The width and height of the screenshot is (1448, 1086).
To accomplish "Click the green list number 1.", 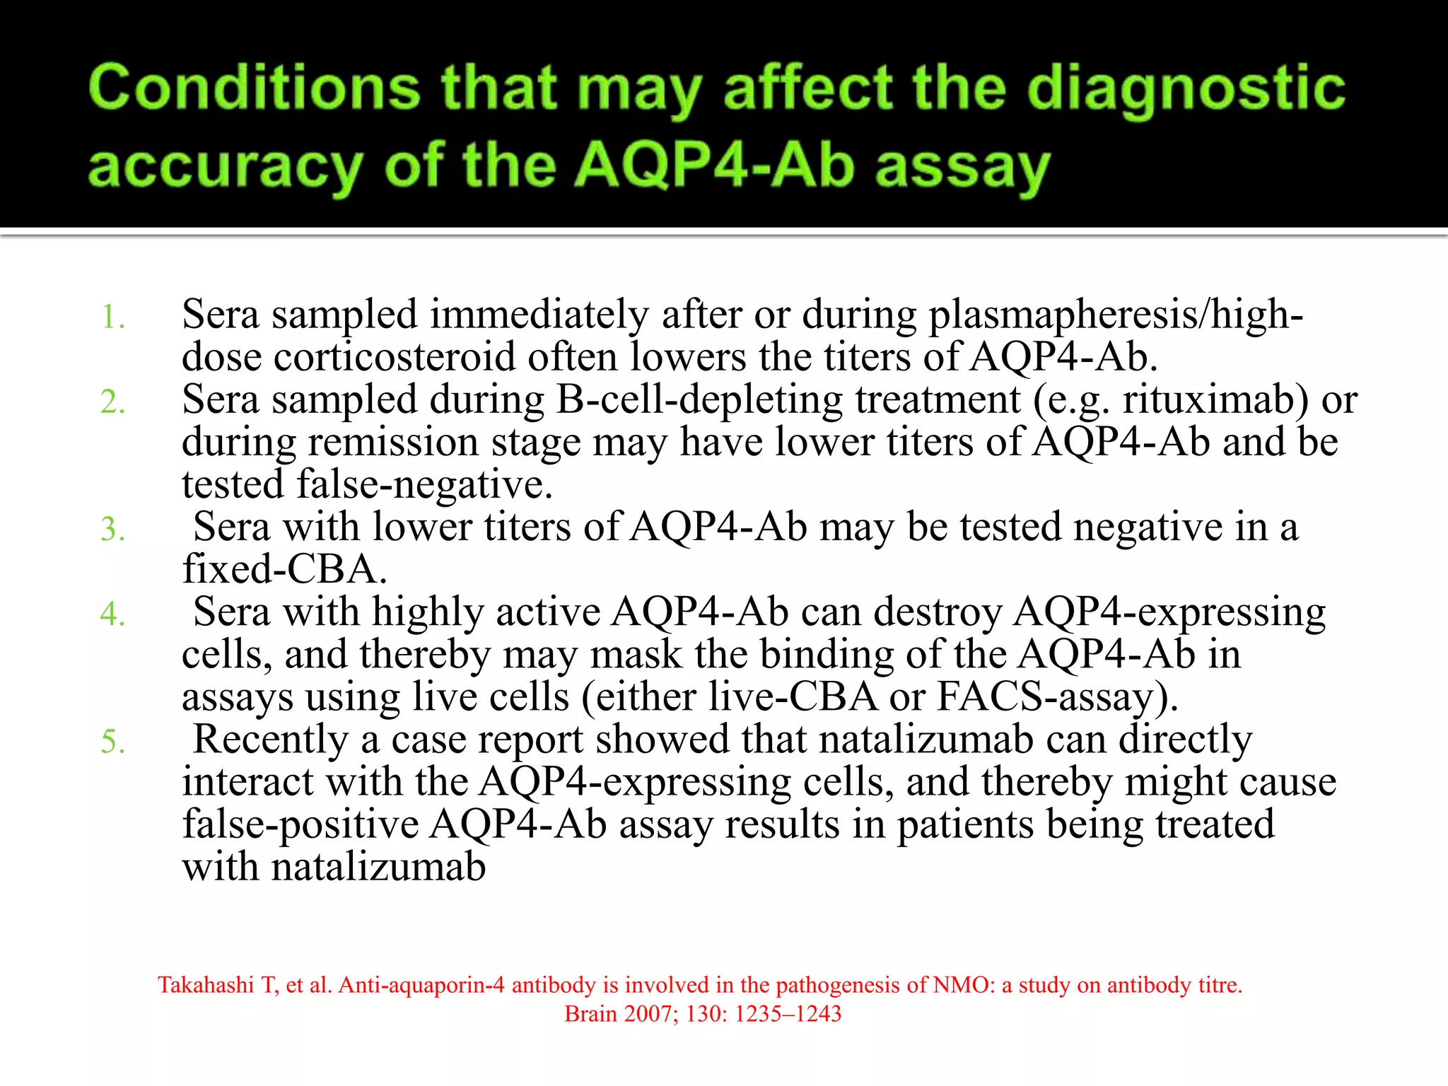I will (x=112, y=317).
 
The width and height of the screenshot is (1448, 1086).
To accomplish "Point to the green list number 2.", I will (x=112, y=402).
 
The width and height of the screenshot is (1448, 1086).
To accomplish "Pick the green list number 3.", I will (x=112, y=529).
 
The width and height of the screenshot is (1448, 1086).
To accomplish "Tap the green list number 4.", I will (x=112, y=614).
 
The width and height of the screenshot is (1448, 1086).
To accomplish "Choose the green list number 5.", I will (x=112, y=741).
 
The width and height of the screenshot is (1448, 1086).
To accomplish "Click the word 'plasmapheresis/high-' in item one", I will (x=1115, y=315).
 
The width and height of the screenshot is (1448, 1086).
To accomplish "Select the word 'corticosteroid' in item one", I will (x=394, y=357).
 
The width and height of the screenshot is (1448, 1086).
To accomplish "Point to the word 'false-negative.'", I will (x=367, y=485).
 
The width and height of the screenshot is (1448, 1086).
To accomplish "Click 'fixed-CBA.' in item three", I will (x=285, y=570).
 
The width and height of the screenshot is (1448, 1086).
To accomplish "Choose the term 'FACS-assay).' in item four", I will (x=1058, y=697).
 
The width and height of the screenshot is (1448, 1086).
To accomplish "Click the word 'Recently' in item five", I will (x=270, y=740).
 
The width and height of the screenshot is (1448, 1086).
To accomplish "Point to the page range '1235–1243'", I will (x=788, y=1014).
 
